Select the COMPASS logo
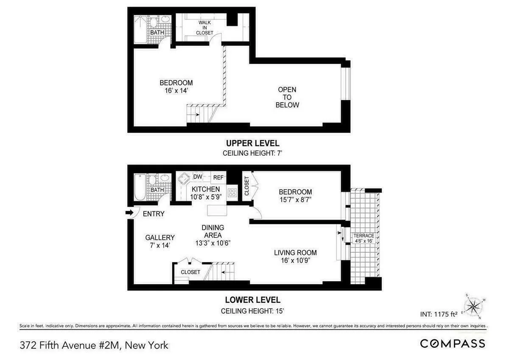453,343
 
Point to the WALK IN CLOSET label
204,28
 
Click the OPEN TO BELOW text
287,97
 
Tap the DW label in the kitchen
198,177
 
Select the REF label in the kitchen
218,177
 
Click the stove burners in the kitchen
232,193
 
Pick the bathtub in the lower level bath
140,187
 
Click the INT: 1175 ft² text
438,314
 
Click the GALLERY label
160,237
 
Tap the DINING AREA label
213,232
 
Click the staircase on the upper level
199,114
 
